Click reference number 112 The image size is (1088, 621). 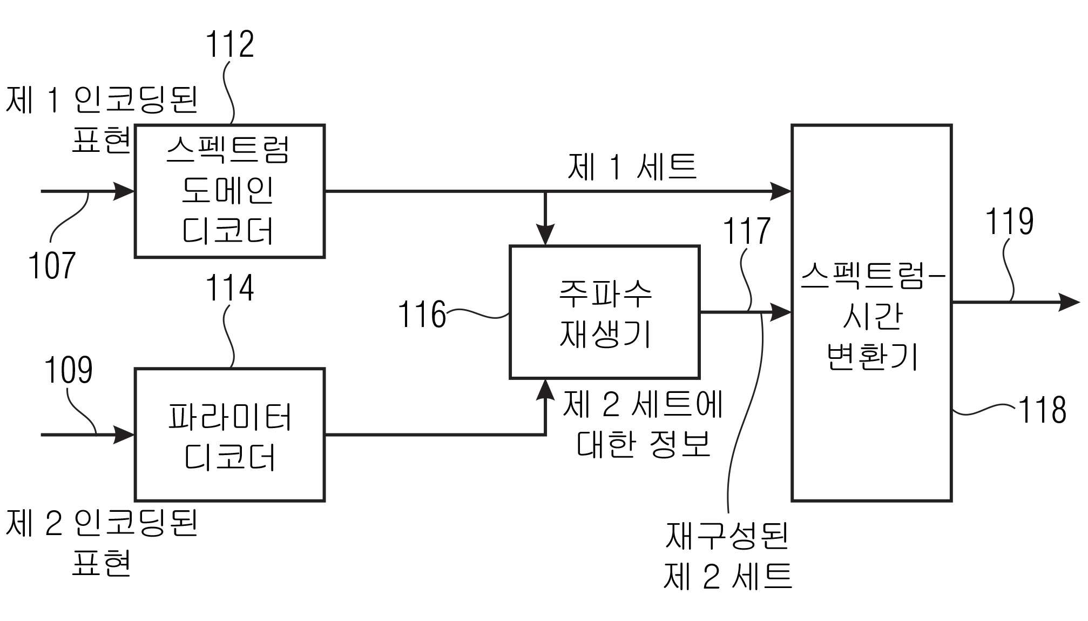coord(229,44)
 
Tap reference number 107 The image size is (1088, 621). coord(51,266)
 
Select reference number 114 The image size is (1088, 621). coord(229,288)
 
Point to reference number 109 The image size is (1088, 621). coord(68,370)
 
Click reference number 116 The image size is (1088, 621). coord(422,315)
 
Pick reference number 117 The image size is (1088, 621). coord(746,231)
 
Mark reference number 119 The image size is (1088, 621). coord(1009,221)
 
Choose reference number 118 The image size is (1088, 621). coord(1042,410)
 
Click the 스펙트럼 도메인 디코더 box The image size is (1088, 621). coord(229,191)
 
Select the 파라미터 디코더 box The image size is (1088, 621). coord(229,435)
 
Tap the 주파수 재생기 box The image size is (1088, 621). coord(605,312)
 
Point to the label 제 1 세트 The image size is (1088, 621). coord(632,166)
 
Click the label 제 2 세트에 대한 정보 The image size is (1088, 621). coord(643,424)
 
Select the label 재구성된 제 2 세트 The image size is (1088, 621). coord(727,556)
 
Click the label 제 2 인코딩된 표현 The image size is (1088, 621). coord(102,543)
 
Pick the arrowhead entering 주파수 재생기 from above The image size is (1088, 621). coord(545,236)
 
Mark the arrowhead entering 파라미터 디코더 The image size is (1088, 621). coord(124,435)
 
